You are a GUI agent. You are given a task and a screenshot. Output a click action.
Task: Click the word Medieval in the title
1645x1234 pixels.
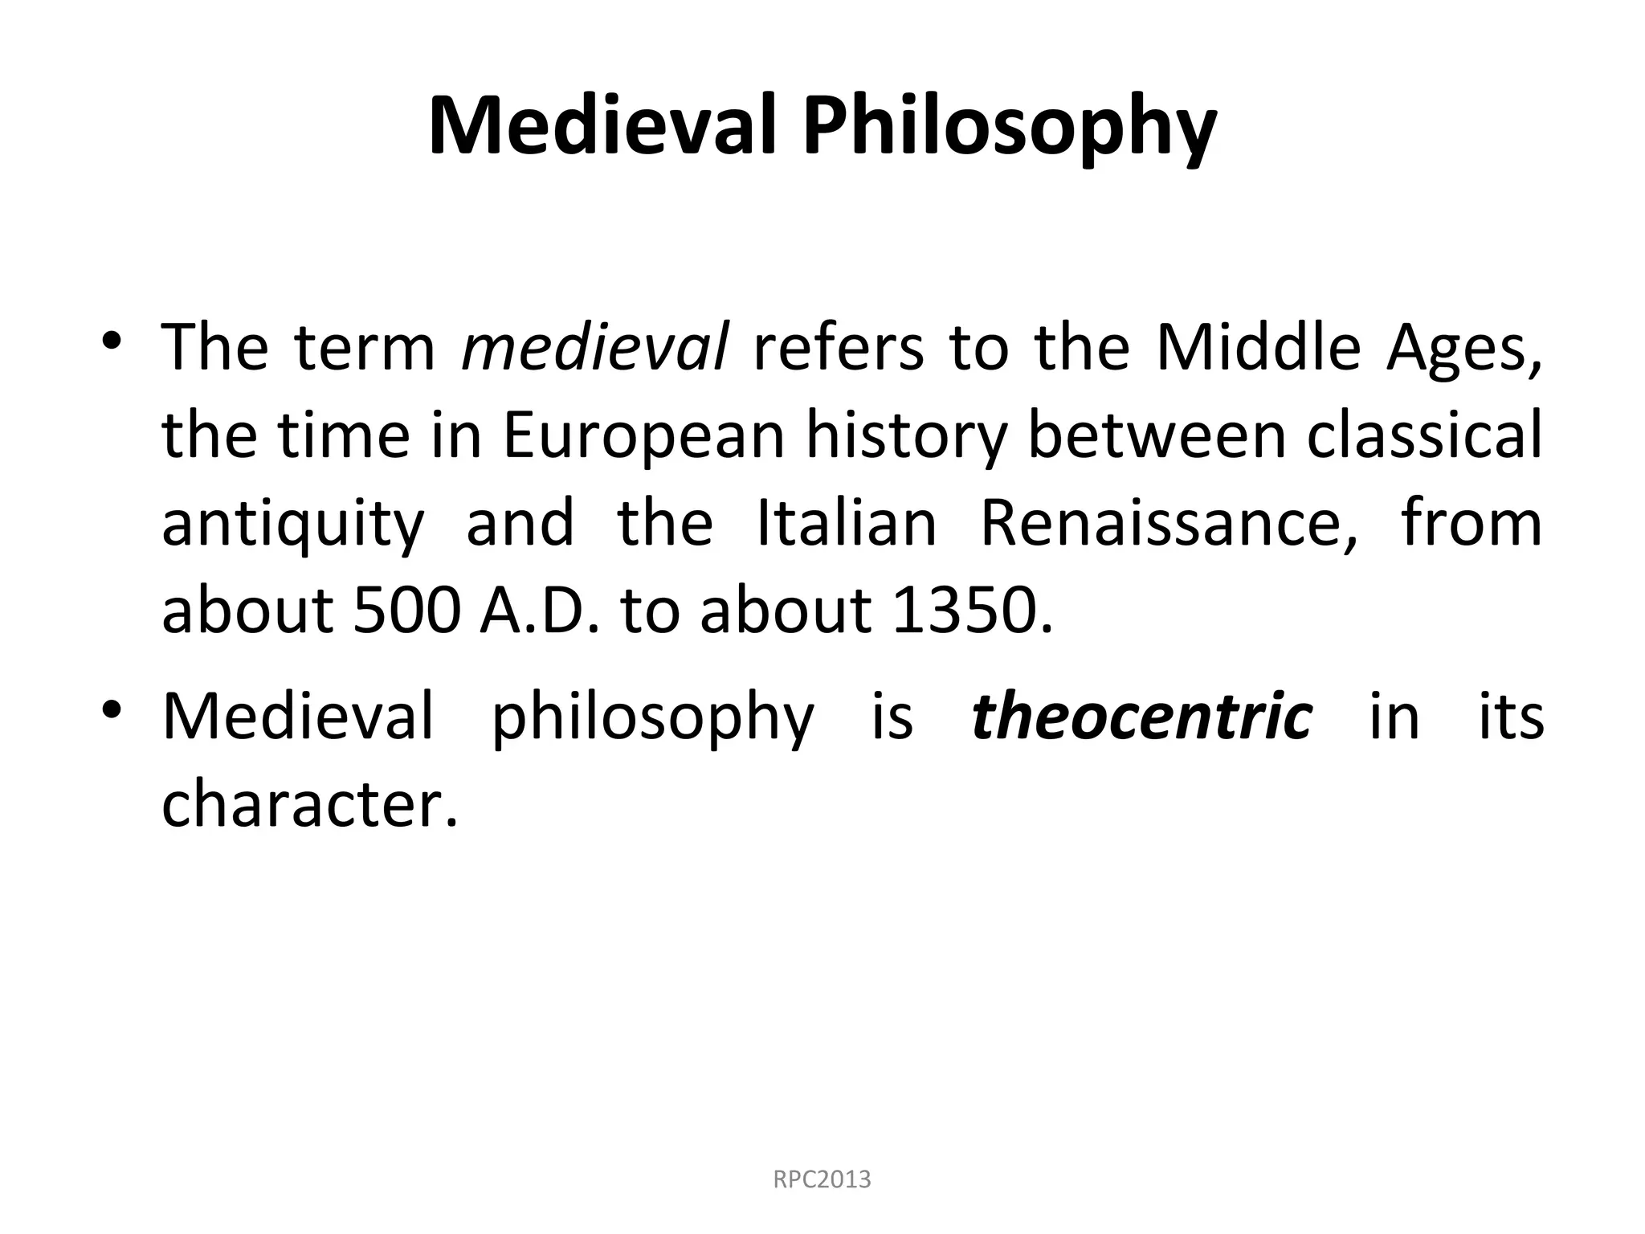point(602,126)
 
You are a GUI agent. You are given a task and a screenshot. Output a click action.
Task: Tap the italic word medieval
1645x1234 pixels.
point(595,348)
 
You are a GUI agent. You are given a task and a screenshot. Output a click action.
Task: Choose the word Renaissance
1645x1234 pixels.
point(1169,523)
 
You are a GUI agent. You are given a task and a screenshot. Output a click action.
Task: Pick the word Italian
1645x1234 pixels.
point(847,523)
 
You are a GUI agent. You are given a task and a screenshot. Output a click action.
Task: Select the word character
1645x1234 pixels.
point(309,804)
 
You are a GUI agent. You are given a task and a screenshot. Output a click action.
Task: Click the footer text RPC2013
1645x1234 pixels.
point(822,1180)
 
